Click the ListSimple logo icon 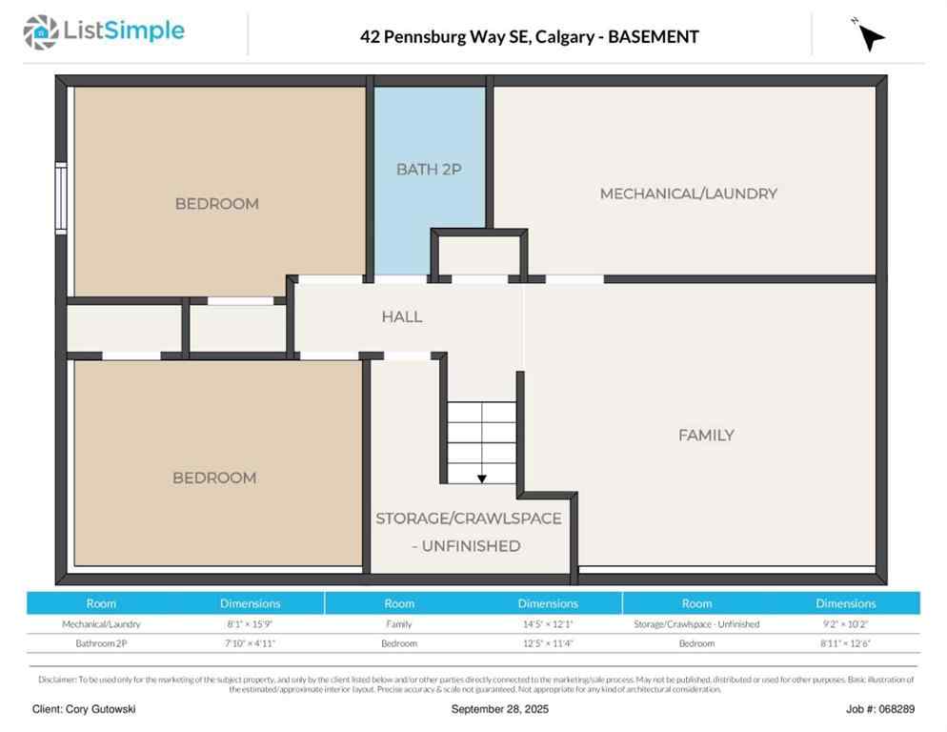pyautogui.click(x=40, y=32)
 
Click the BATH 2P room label pyautogui.click(x=429, y=170)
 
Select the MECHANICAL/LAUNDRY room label pyautogui.click(x=688, y=193)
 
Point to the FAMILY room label pyautogui.click(x=706, y=435)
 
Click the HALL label pyautogui.click(x=402, y=316)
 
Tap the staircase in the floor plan pyautogui.click(x=482, y=438)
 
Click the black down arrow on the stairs pyautogui.click(x=482, y=478)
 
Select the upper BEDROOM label pyautogui.click(x=216, y=203)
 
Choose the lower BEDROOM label pyautogui.click(x=214, y=478)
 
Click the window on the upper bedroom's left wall pyautogui.click(x=60, y=197)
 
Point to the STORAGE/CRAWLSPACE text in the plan pyautogui.click(x=468, y=518)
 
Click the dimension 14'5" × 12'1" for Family pyautogui.click(x=548, y=624)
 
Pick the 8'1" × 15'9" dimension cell pyautogui.click(x=250, y=624)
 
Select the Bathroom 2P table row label pyautogui.click(x=101, y=643)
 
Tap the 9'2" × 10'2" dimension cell pyautogui.click(x=845, y=624)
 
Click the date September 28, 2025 pyautogui.click(x=499, y=709)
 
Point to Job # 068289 pyautogui.click(x=879, y=709)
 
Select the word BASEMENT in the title pyautogui.click(x=654, y=37)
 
